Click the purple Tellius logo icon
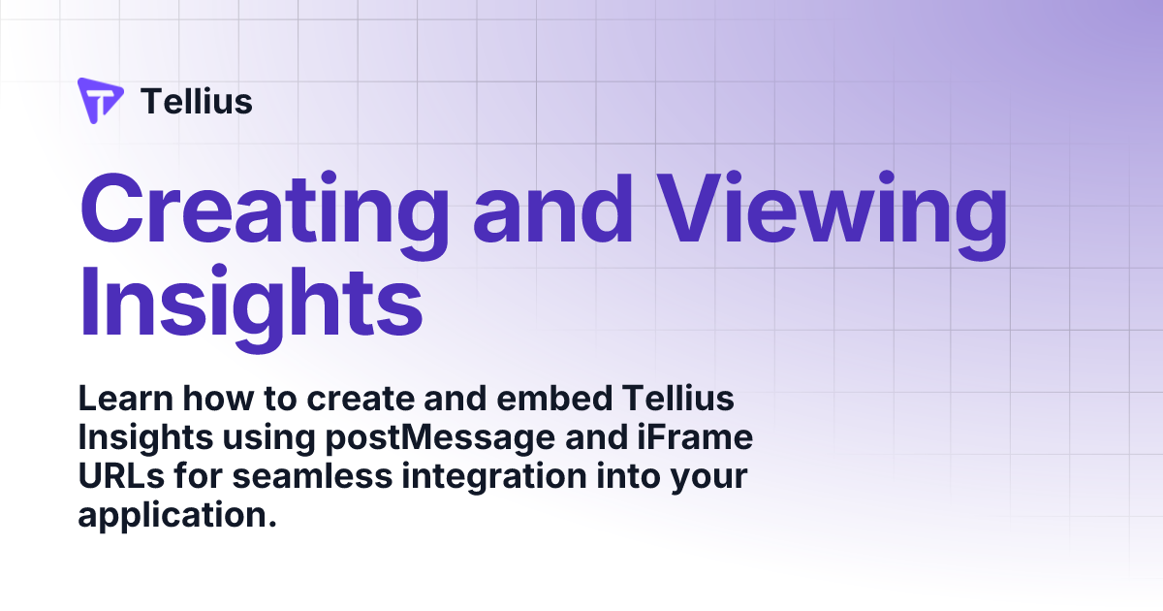click(x=100, y=101)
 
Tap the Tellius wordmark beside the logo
click(x=197, y=101)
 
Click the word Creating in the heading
click(x=265, y=210)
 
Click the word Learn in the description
click(x=122, y=399)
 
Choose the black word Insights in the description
click(x=145, y=438)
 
